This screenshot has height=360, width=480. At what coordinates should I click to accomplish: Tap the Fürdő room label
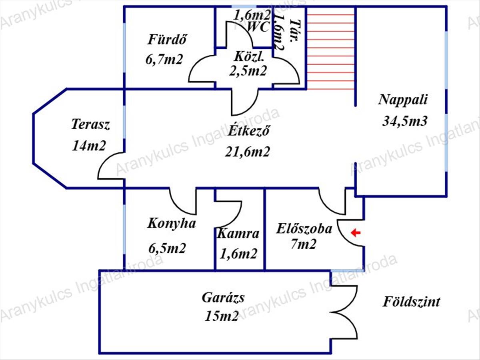[168, 40]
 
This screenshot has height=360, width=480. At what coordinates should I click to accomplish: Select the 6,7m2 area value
[164, 60]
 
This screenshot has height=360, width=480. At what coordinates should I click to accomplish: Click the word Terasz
[90, 124]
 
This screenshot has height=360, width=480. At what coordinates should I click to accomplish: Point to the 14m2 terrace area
[89, 145]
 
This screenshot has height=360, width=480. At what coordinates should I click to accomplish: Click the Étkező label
[248, 131]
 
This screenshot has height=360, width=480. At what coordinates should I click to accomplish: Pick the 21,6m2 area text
[247, 152]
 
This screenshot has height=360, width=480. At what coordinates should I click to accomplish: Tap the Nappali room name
[403, 99]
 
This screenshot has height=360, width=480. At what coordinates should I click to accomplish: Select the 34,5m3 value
[405, 120]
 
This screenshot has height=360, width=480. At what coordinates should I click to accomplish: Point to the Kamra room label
[238, 234]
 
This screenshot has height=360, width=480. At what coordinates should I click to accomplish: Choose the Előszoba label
[304, 229]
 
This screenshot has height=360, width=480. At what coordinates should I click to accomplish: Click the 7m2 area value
[304, 244]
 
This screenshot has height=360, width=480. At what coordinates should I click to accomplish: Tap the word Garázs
[223, 298]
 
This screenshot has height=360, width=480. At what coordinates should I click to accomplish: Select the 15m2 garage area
[222, 316]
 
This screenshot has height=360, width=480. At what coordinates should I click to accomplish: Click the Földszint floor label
[411, 302]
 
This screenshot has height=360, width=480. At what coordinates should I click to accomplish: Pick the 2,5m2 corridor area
[248, 71]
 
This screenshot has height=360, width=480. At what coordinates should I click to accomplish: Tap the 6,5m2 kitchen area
[167, 248]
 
